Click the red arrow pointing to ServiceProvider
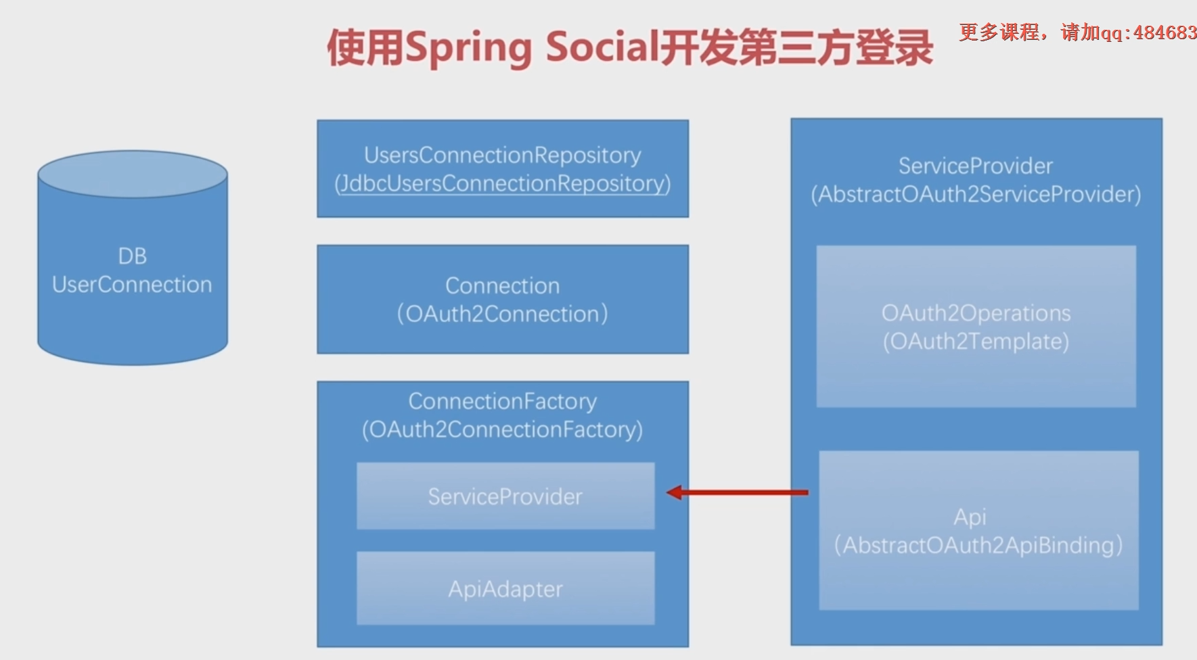tap(738, 492)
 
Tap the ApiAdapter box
tap(505, 588)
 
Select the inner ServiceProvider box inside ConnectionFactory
tap(505, 496)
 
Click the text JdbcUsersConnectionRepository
tap(503, 184)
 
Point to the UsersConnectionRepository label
tap(503, 155)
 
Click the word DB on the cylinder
tap(133, 256)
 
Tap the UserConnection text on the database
tap(133, 285)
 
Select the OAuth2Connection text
tap(503, 314)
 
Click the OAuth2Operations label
tap(976, 313)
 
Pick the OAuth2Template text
tap(976, 341)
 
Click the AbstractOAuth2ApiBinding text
tap(978, 545)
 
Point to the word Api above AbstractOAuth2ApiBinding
tap(970, 517)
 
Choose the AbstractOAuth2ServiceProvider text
tap(976, 195)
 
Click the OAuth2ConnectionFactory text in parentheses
tap(503, 429)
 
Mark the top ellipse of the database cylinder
tap(133, 174)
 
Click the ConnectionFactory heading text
tap(503, 401)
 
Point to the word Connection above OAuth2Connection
tap(503, 285)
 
